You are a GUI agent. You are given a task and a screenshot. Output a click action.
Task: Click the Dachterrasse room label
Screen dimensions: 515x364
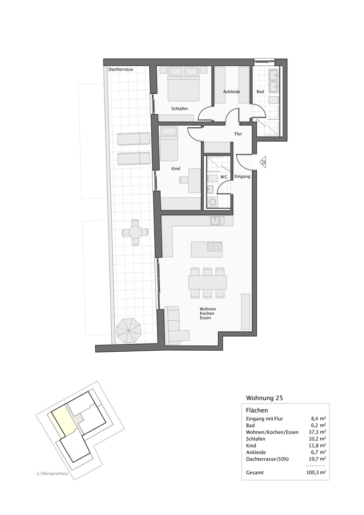pyautogui.click(x=121, y=69)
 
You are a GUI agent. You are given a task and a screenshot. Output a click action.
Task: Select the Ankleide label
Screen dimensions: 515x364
pyautogui.click(x=232, y=92)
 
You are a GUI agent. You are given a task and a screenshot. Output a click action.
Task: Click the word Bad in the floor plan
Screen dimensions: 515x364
pyautogui.click(x=261, y=92)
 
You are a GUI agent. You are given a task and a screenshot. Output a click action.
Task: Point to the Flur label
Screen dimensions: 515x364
pyautogui.click(x=238, y=133)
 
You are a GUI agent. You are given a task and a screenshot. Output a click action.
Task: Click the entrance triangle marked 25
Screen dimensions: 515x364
pyautogui.click(x=263, y=162)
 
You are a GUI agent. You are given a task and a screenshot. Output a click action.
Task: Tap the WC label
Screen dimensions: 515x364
pyautogui.click(x=224, y=177)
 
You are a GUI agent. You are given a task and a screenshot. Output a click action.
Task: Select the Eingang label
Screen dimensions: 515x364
pyautogui.click(x=242, y=177)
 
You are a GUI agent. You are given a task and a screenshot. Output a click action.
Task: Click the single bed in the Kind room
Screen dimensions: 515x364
pyautogui.click(x=168, y=144)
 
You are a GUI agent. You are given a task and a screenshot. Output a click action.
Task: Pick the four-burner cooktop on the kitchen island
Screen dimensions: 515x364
pyautogui.click(x=215, y=247)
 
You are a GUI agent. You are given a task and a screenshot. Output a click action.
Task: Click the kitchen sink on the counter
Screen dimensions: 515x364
pyautogui.click(x=216, y=220)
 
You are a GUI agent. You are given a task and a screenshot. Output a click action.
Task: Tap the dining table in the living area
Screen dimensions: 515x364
pyautogui.click(x=207, y=282)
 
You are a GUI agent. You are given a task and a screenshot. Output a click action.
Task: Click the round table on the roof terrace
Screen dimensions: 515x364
pyautogui.click(x=135, y=232)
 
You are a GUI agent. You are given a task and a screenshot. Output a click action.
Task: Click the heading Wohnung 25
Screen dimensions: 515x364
pyautogui.click(x=265, y=398)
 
